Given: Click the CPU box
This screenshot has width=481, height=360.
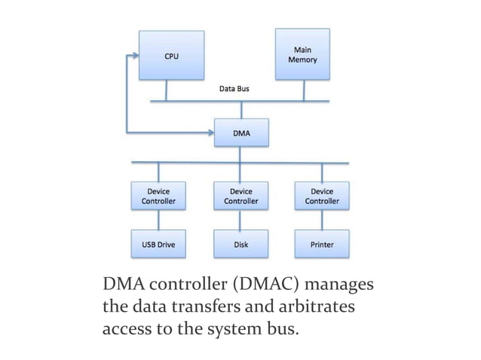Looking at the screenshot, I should click(171, 56).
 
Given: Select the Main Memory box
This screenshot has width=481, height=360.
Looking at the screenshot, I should click(302, 54).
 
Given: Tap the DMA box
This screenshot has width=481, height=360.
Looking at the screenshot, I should click(240, 133).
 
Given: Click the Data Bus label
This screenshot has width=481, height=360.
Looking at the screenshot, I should click(234, 89).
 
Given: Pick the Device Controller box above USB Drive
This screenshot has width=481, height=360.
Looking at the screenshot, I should click(158, 197).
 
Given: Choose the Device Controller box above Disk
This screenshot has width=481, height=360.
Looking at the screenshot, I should click(240, 197).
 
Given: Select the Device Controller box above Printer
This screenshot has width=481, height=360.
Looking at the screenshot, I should click(322, 197).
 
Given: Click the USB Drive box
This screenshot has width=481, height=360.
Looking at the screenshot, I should click(158, 244).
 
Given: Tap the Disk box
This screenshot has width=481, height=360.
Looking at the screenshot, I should click(240, 244).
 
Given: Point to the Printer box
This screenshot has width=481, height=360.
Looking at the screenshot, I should click(322, 244).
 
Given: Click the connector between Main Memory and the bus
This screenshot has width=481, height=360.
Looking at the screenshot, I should click(303, 90).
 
